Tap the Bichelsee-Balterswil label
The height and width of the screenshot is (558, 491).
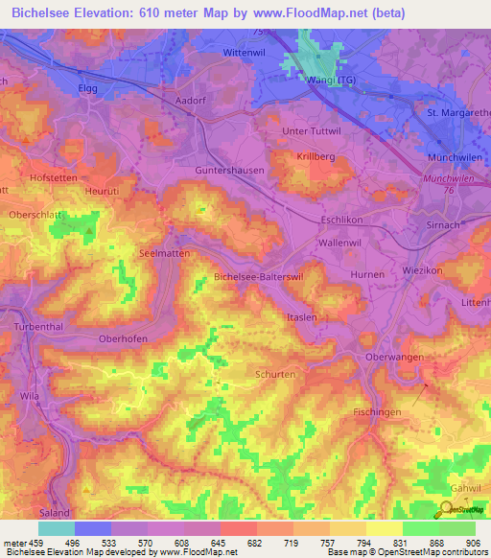coord(258,276)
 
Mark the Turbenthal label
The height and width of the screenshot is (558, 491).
coord(38,327)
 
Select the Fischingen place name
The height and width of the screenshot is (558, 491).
coord(376,411)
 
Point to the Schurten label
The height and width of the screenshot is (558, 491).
coord(275,375)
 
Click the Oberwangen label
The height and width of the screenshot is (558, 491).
coord(395,357)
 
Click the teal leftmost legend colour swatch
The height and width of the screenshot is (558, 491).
coord(57,528)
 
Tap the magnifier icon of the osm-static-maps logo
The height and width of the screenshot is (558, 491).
coord(449,509)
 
